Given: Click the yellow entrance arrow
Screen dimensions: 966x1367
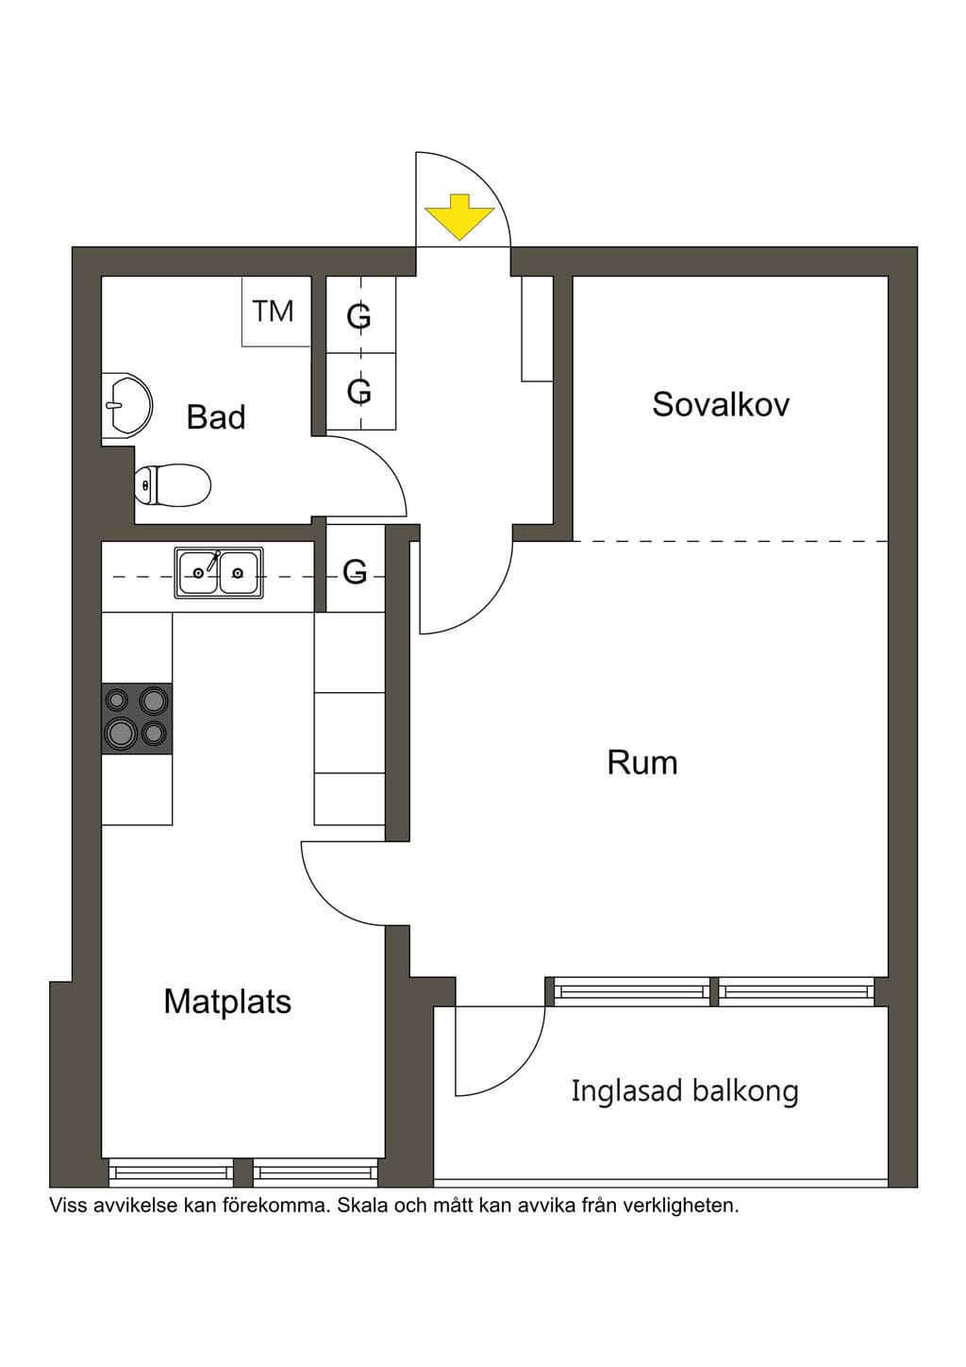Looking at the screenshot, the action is point(458,216).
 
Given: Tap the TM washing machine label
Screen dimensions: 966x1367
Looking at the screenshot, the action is point(274,312).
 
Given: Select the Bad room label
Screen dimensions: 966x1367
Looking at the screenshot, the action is point(216,417).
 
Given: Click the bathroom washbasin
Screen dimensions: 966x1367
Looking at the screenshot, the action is point(126,405).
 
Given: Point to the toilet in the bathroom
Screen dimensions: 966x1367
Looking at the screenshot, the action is point(173,485).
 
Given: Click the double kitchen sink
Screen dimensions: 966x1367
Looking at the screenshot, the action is point(219,572).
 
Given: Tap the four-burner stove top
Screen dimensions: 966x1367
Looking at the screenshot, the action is point(137,718).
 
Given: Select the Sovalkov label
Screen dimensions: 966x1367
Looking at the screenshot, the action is point(721,404).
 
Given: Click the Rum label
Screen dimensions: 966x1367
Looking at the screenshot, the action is point(642,762).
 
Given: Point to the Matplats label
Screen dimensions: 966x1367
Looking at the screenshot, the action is point(227,1002).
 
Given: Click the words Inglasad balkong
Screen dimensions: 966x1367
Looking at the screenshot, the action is point(684,1090).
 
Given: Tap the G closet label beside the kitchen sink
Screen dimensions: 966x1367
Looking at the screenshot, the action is point(355,572).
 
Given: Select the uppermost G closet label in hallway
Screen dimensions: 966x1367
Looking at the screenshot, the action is point(358,316).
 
